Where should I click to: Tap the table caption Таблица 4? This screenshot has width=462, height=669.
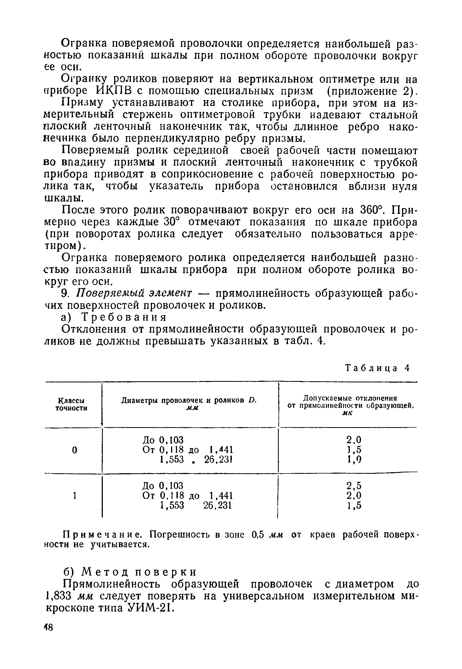pyautogui.click(x=378, y=368)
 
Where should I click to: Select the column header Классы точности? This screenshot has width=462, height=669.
pyautogui.click(x=71, y=404)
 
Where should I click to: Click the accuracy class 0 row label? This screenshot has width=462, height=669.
pyautogui.click(x=74, y=450)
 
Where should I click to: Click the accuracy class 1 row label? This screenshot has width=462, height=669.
pyautogui.click(x=74, y=496)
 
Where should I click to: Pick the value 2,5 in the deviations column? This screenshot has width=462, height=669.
pyautogui.click(x=354, y=485)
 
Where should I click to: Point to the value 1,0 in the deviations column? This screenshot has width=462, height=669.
pyautogui.click(x=354, y=459)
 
